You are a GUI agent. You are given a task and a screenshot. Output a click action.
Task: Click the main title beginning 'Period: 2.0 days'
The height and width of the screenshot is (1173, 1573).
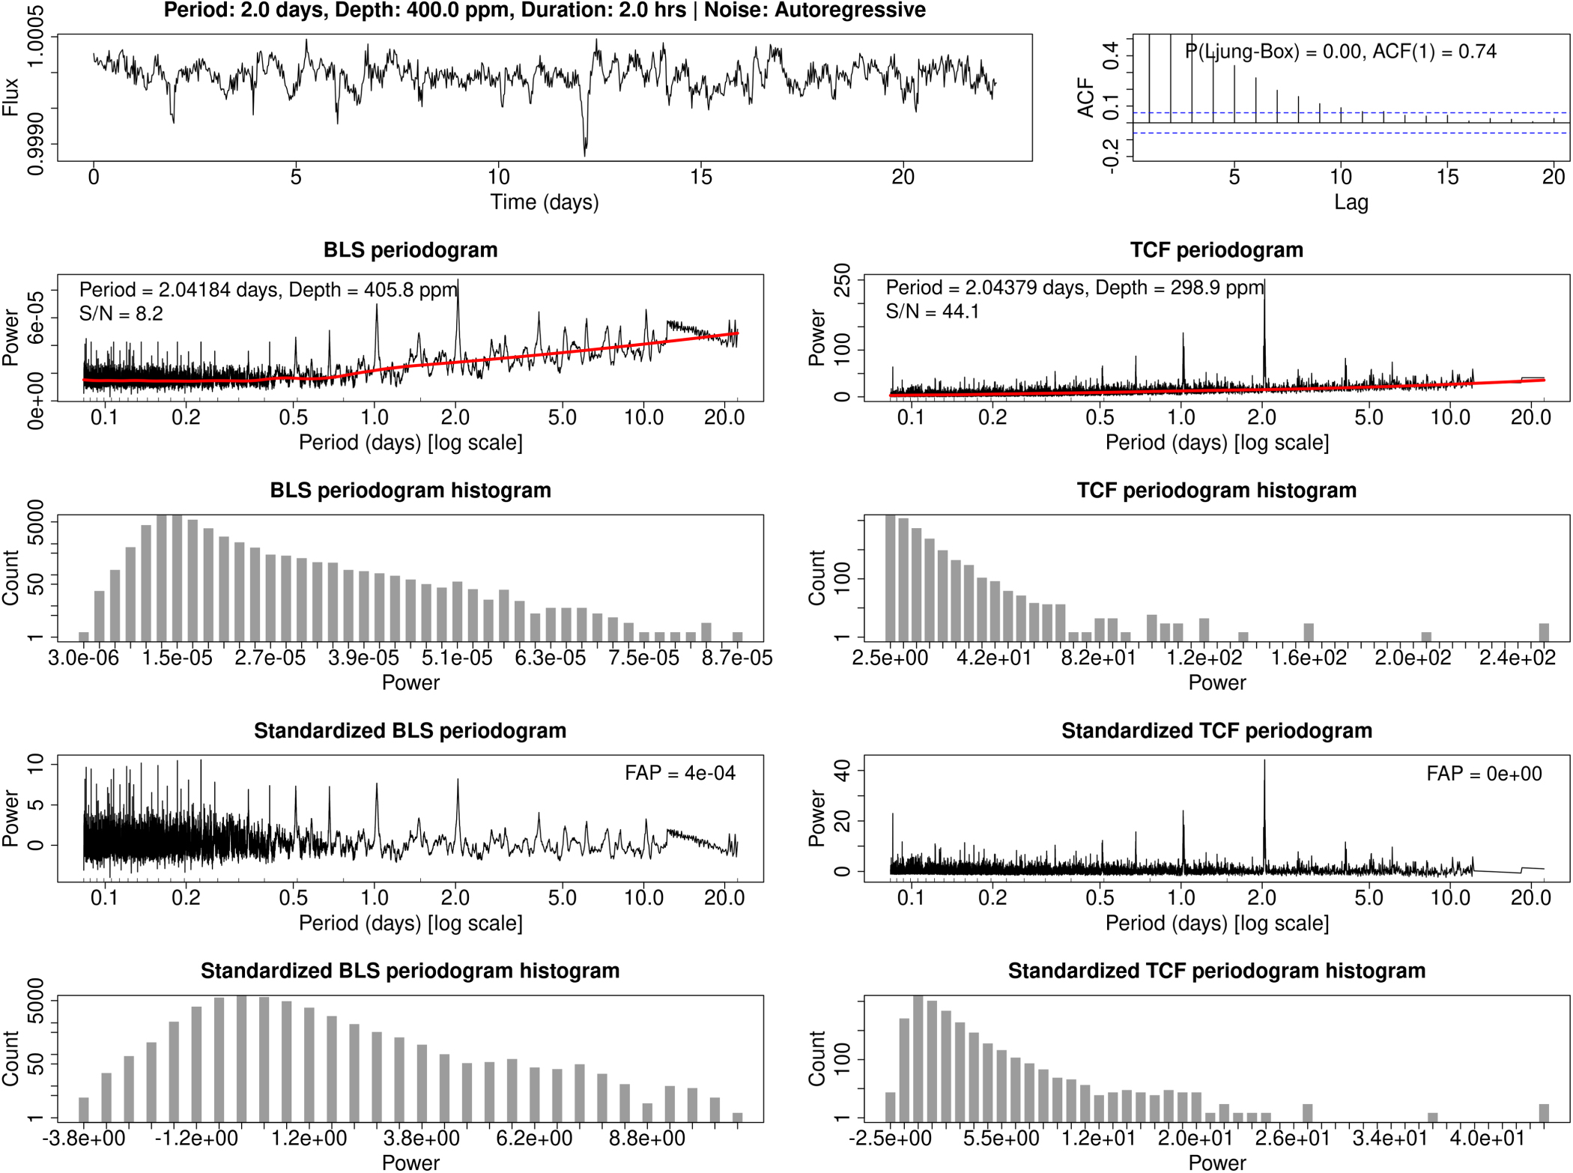(x=545, y=10)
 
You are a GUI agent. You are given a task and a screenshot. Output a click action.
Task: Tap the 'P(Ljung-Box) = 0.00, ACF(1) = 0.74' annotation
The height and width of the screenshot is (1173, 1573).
(x=1340, y=52)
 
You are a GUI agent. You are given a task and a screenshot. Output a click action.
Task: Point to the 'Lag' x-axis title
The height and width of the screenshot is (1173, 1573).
(x=1351, y=202)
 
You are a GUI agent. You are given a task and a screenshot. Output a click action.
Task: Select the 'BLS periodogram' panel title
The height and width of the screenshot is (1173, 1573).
(x=410, y=250)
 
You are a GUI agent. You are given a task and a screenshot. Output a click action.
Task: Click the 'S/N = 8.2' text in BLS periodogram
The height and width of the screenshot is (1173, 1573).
(x=121, y=314)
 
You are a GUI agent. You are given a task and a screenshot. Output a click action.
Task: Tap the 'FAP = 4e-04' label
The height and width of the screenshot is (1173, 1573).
(x=679, y=773)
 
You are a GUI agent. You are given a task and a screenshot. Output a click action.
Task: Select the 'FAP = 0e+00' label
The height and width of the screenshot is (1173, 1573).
(x=1483, y=774)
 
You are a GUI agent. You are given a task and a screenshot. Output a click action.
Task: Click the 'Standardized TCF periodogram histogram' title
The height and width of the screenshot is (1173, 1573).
(x=1216, y=971)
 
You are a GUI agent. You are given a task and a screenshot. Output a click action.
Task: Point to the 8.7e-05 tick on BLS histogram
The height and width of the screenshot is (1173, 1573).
(x=737, y=658)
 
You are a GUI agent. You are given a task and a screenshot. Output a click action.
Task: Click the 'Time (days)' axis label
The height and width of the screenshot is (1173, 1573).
(x=545, y=202)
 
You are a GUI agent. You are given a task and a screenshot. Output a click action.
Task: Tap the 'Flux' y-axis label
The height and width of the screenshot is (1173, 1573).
(x=10, y=97)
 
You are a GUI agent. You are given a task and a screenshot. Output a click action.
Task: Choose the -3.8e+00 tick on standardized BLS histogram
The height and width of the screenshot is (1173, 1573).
(x=84, y=1139)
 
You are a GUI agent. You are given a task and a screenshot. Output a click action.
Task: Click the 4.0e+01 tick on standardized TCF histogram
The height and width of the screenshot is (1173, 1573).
(x=1487, y=1139)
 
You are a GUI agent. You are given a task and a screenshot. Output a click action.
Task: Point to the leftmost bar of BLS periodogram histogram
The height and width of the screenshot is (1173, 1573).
(x=84, y=637)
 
